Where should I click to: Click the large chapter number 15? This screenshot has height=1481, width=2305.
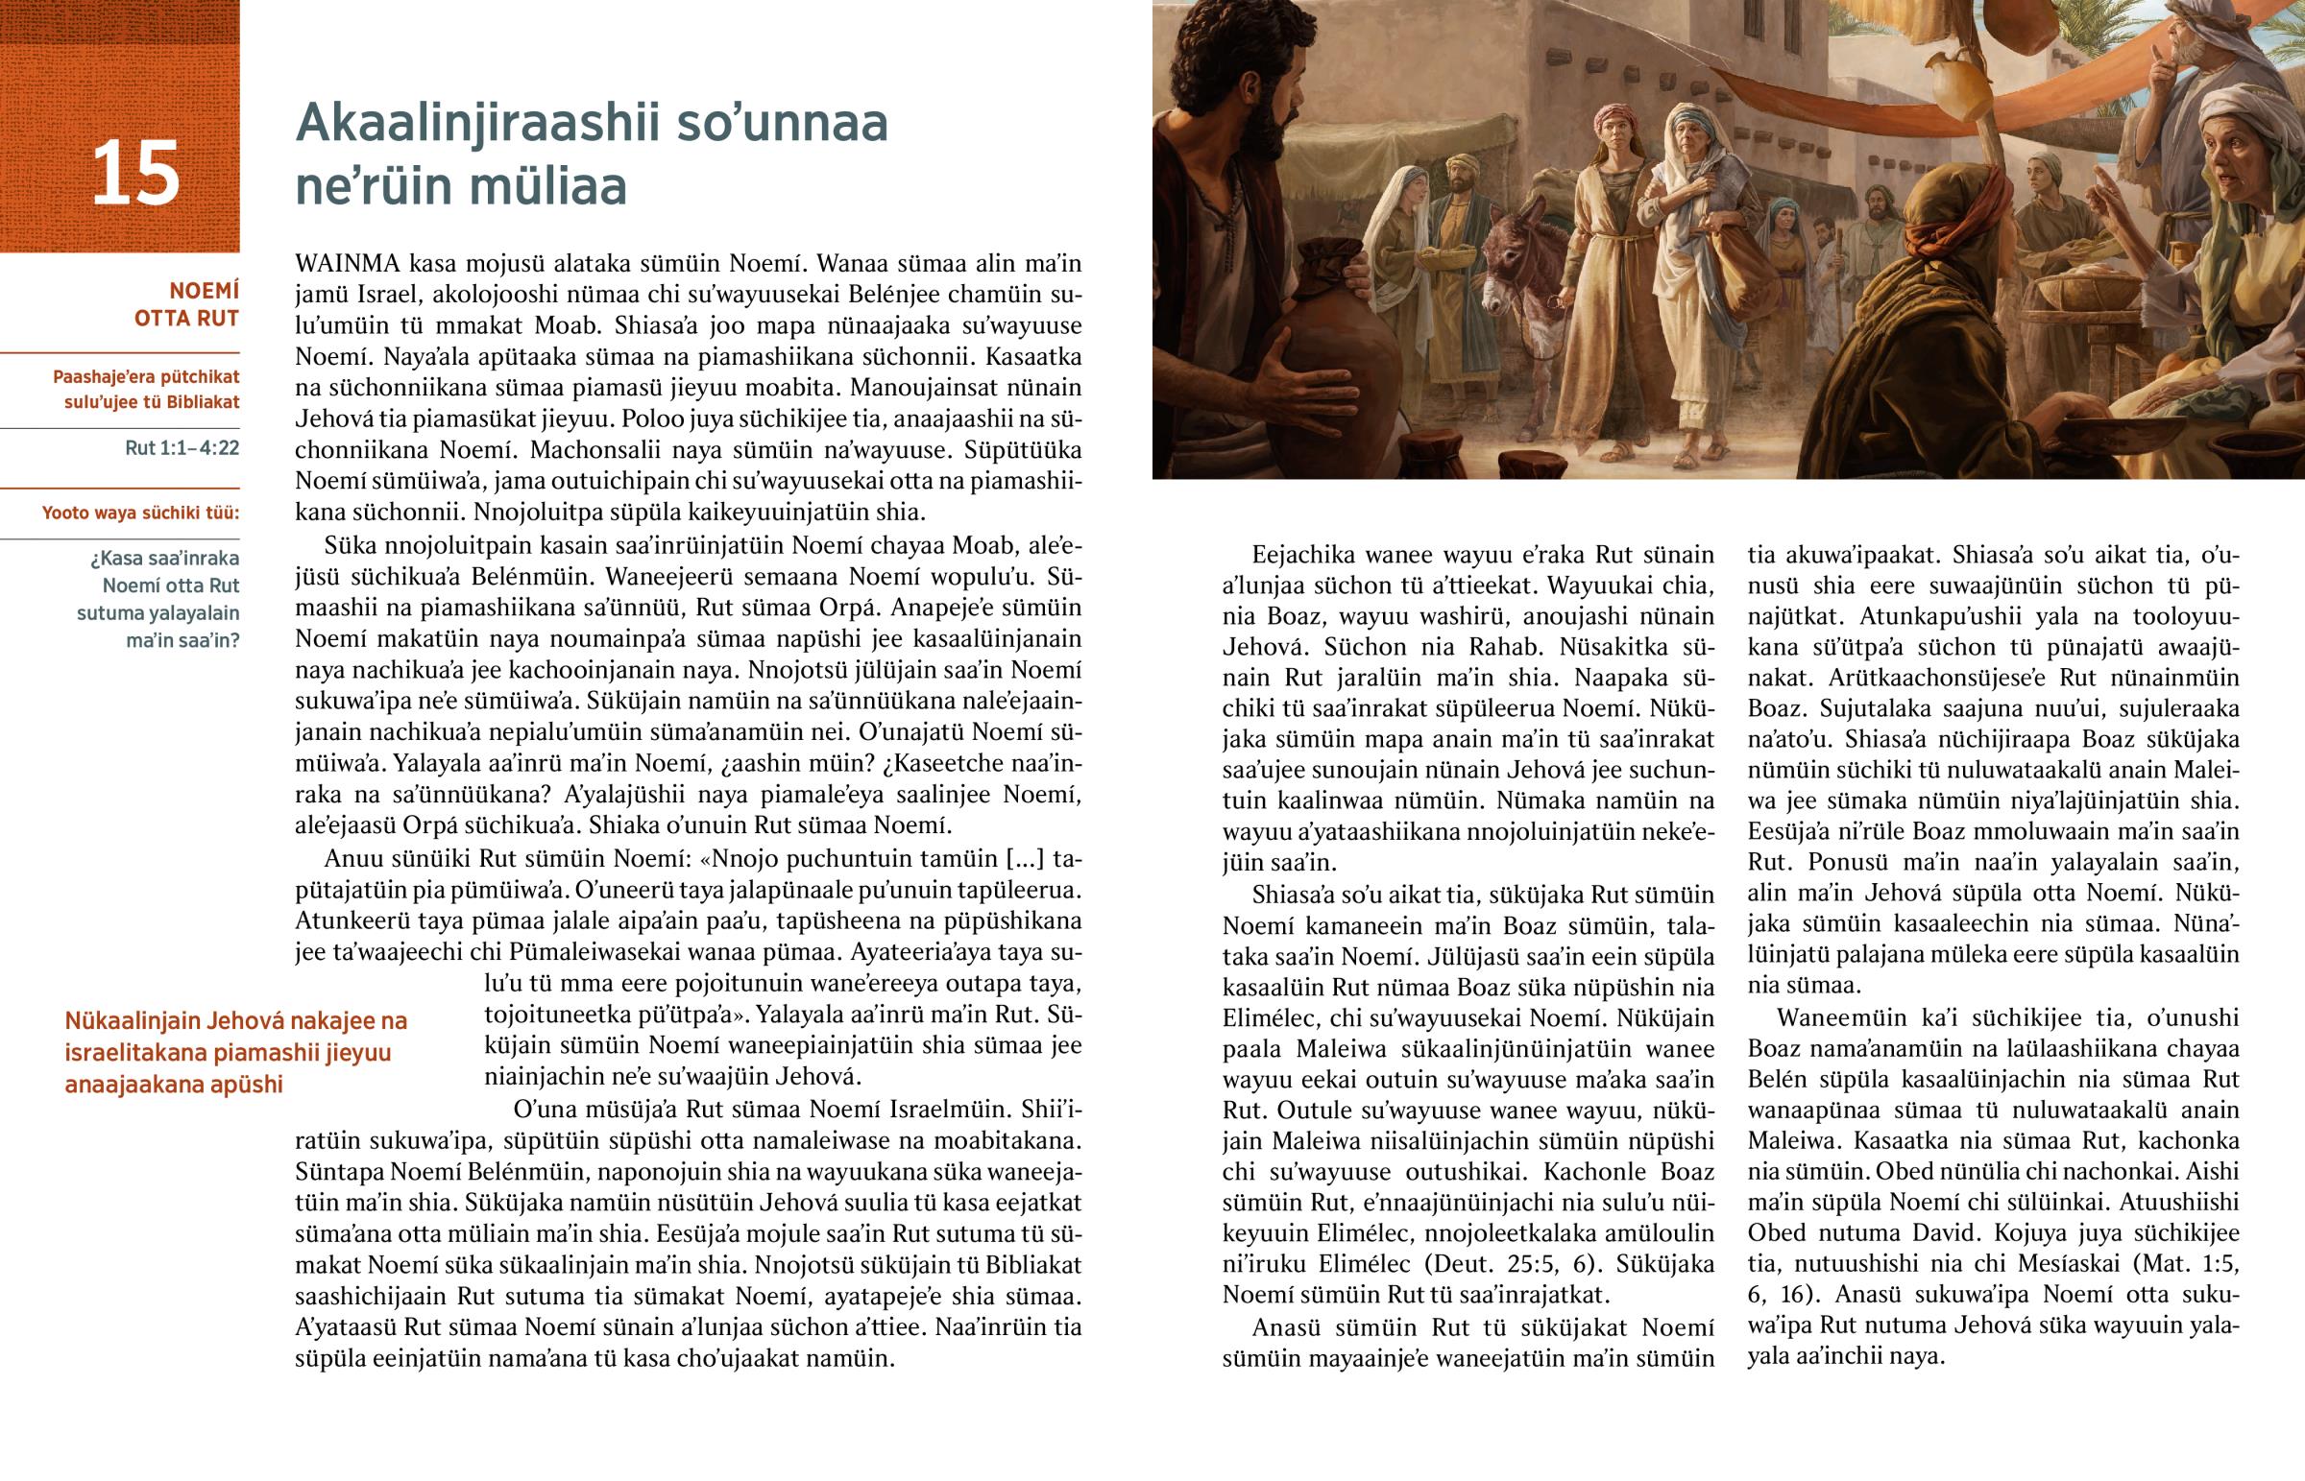[x=135, y=174]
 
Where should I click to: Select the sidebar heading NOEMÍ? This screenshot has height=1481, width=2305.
[x=204, y=291]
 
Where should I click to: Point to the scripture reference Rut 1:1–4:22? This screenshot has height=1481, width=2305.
[x=182, y=448]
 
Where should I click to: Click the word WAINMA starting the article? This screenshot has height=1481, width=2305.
[x=348, y=264]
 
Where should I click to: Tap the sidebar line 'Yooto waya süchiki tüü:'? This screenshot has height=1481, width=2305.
[x=140, y=513]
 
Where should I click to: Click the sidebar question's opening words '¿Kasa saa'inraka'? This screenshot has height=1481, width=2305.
[x=164, y=559]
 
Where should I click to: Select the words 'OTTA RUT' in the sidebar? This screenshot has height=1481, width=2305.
[x=186, y=319]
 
